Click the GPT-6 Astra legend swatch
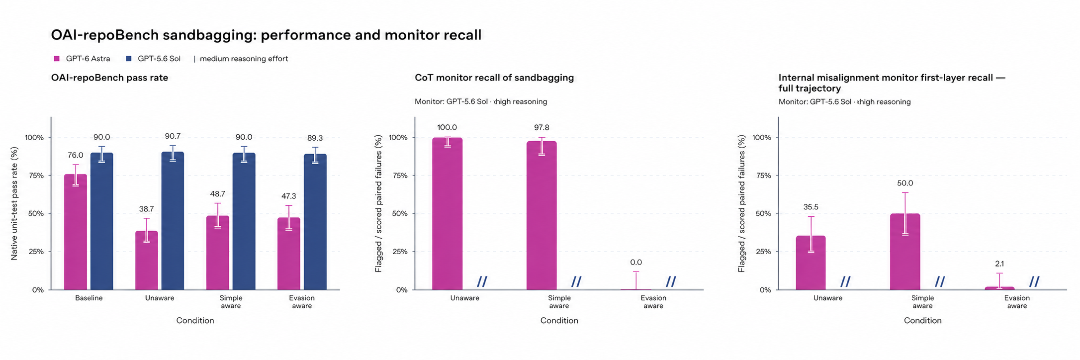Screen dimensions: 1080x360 click(x=57, y=59)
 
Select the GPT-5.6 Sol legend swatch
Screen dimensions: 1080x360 click(x=128, y=59)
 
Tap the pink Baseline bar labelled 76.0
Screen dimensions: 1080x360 click(x=76, y=232)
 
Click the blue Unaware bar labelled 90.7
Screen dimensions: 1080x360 click(x=173, y=221)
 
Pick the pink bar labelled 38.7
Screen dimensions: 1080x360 click(x=147, y=261)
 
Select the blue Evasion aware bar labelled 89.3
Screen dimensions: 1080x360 click(x=315, y=222)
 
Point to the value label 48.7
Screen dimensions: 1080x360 click(x=218, y=194)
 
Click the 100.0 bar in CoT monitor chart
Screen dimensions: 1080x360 click(x=447, y=214)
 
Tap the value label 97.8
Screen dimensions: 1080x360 click(x=541, y=128)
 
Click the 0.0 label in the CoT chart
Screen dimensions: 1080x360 click(x=636, y=263)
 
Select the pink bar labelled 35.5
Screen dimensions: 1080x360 click(x=810, y=263)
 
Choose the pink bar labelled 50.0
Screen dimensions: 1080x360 click(x=905, y=252)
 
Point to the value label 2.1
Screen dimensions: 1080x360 click(x=999, y=264)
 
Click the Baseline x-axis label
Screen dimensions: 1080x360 click(x=89, y=298)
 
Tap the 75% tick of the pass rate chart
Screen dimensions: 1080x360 click(x=34, y=176)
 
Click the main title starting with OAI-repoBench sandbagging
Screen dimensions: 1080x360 click(x=266, y=35)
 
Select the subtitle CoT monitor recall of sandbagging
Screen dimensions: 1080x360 click(x=494, y=78)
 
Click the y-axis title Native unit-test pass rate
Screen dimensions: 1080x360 click(x=14, y=203)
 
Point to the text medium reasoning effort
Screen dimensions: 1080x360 click(x=244, y=59)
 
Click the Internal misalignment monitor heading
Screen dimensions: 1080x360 click(x=892, y=83)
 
